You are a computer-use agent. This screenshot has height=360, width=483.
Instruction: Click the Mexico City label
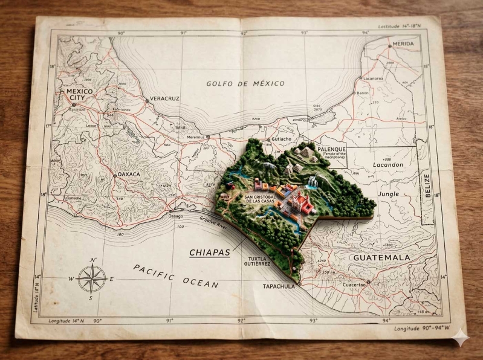point(80,94)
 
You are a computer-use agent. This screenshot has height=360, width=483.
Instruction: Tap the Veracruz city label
point(164,98)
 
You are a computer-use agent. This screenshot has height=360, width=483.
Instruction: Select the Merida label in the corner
point(403,44)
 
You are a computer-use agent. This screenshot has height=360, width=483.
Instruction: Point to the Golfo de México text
point(245,83)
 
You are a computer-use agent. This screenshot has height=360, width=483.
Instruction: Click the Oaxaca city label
point(128,174)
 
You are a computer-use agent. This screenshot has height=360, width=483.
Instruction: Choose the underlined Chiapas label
point(210,252)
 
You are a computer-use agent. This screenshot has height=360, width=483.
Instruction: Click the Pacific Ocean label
point(175,275)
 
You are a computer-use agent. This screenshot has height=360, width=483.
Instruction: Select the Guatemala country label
point(381,257)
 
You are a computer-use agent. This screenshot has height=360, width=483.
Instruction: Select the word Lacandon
point(387,164)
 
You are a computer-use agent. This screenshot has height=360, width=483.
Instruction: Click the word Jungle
point(388,194)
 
